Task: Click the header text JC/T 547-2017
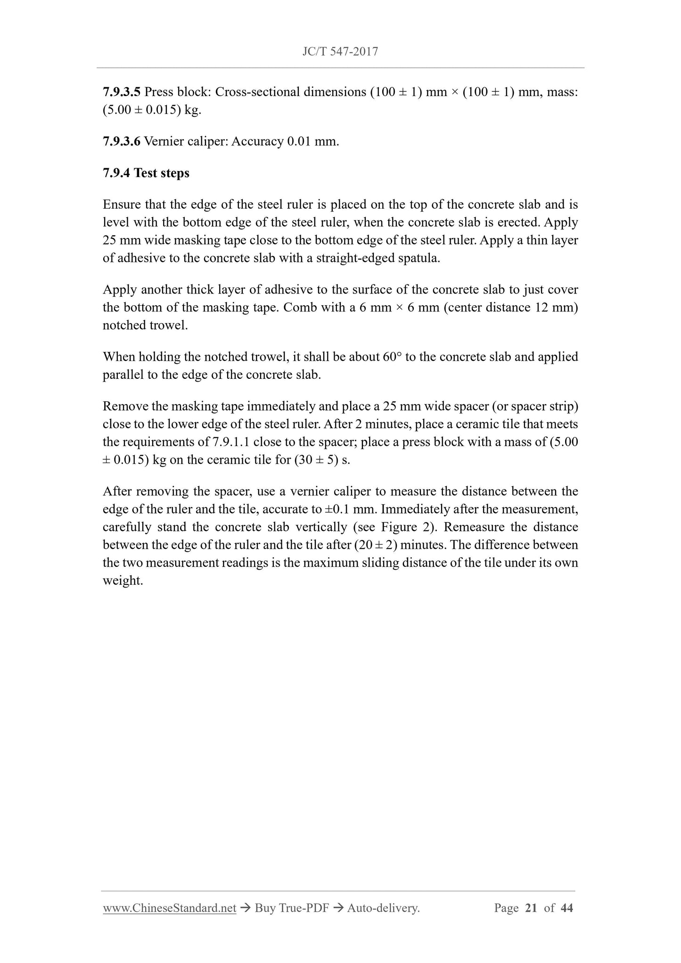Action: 340,51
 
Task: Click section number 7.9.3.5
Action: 121,92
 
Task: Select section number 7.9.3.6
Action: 121,141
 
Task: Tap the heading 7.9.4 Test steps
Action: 146,173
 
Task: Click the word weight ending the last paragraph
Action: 122,580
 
